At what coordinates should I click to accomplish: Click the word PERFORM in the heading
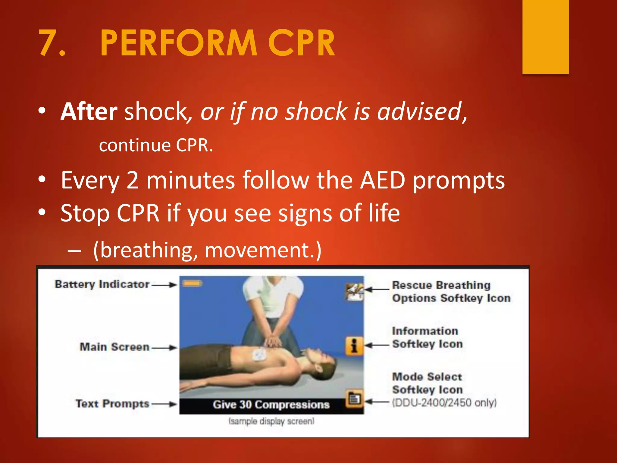tap(178, 43)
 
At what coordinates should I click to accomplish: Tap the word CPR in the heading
tap(301, 43)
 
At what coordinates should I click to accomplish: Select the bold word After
tap(89, 112)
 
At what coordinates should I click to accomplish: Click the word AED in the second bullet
tap(383, 180)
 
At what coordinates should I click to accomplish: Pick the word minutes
tap(190, 180)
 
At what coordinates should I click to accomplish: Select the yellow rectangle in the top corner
tap(545, 36)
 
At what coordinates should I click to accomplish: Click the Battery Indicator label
tap(102, 284)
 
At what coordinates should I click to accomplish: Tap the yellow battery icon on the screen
tap(192, 283)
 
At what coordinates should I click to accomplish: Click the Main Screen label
tap(114, 347)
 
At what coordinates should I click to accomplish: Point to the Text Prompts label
tap(112, 404)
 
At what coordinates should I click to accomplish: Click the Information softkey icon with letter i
tap(354, 345)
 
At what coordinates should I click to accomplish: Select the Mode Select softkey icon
tap(354, 399)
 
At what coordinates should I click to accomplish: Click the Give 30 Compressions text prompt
tap(271, 405)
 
